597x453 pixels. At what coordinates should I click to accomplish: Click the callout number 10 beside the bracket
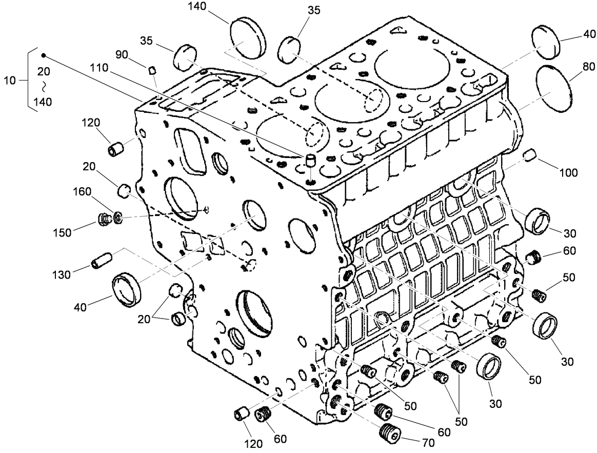(10, 80)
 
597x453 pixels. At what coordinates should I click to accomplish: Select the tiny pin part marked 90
(152, 69)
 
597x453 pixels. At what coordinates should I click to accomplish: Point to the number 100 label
(568, 173)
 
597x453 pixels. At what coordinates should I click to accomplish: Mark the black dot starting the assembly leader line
(44, 55)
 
